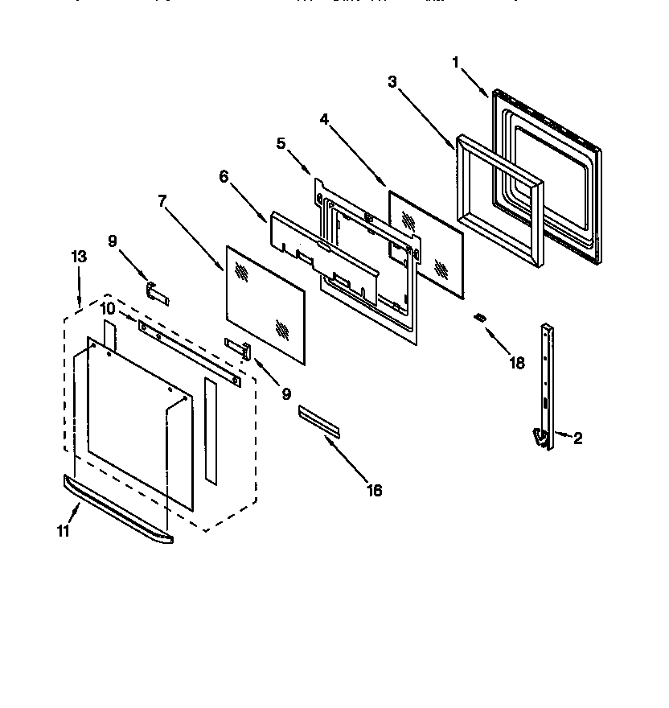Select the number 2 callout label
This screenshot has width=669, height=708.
pos(577,438)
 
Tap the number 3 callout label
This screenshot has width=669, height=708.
pos(392,81)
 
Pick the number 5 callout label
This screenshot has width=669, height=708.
pos(281,143)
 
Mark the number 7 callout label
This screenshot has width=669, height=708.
pos(163,201)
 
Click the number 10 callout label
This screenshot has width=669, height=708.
pos(108,310)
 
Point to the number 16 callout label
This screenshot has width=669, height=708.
pos(373,489)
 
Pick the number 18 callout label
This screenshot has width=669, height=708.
pos(517,363)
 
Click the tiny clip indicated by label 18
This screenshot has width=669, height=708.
pos(480,319)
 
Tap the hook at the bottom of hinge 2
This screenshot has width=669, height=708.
pos(541,436)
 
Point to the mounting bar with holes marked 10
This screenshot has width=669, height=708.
pos(189,352)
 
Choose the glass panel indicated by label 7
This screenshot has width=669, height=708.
pos(265,303)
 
